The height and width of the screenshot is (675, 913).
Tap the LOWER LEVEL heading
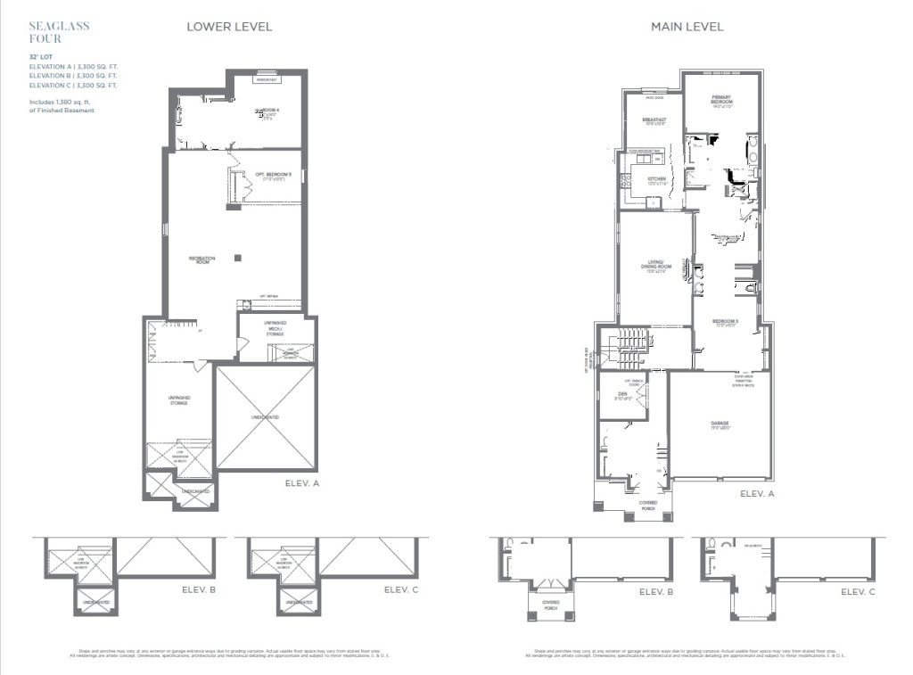tap(229, 27)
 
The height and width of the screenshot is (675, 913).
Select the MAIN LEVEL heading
tap(687, 27)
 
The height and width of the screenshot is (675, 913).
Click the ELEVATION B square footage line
tap(73, 76)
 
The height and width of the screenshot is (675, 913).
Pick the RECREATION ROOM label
tap(202, 259)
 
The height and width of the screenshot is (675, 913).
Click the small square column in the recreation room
tap(237, 259)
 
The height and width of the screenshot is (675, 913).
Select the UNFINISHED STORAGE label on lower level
tap(179, 399)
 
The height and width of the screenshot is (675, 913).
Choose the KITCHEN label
tap(657, 180)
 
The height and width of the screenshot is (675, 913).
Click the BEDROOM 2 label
tap(725, 322)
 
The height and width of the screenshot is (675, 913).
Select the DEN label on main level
tap(623, 395)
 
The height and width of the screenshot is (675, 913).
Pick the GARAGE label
tap(720, 425)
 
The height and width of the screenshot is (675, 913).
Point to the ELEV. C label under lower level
tap(395, 589)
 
